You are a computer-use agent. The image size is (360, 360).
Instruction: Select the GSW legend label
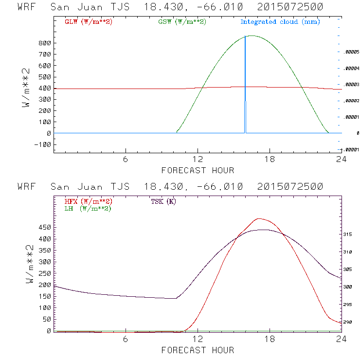182,22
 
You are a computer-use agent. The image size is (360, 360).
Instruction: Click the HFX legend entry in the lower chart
89,201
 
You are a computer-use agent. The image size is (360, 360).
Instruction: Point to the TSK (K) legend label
163,201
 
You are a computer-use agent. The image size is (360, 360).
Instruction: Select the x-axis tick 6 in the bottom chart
126,340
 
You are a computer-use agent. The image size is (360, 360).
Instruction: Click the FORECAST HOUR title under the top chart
198,170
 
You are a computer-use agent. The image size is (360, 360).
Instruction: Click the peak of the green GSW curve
251,36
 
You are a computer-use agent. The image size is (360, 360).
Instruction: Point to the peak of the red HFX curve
259,218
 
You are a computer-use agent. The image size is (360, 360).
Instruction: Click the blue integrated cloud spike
245,88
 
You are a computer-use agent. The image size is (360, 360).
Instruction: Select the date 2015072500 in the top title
290,7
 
